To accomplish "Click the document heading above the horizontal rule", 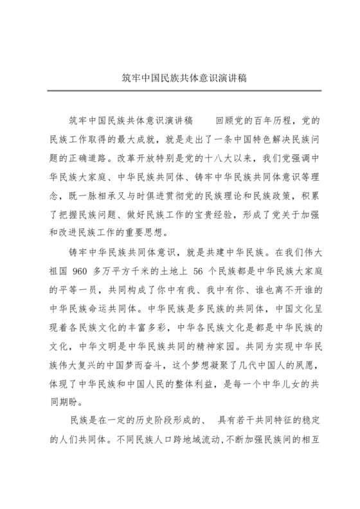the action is pos(179,76).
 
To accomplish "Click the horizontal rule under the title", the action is pos(179,91).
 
